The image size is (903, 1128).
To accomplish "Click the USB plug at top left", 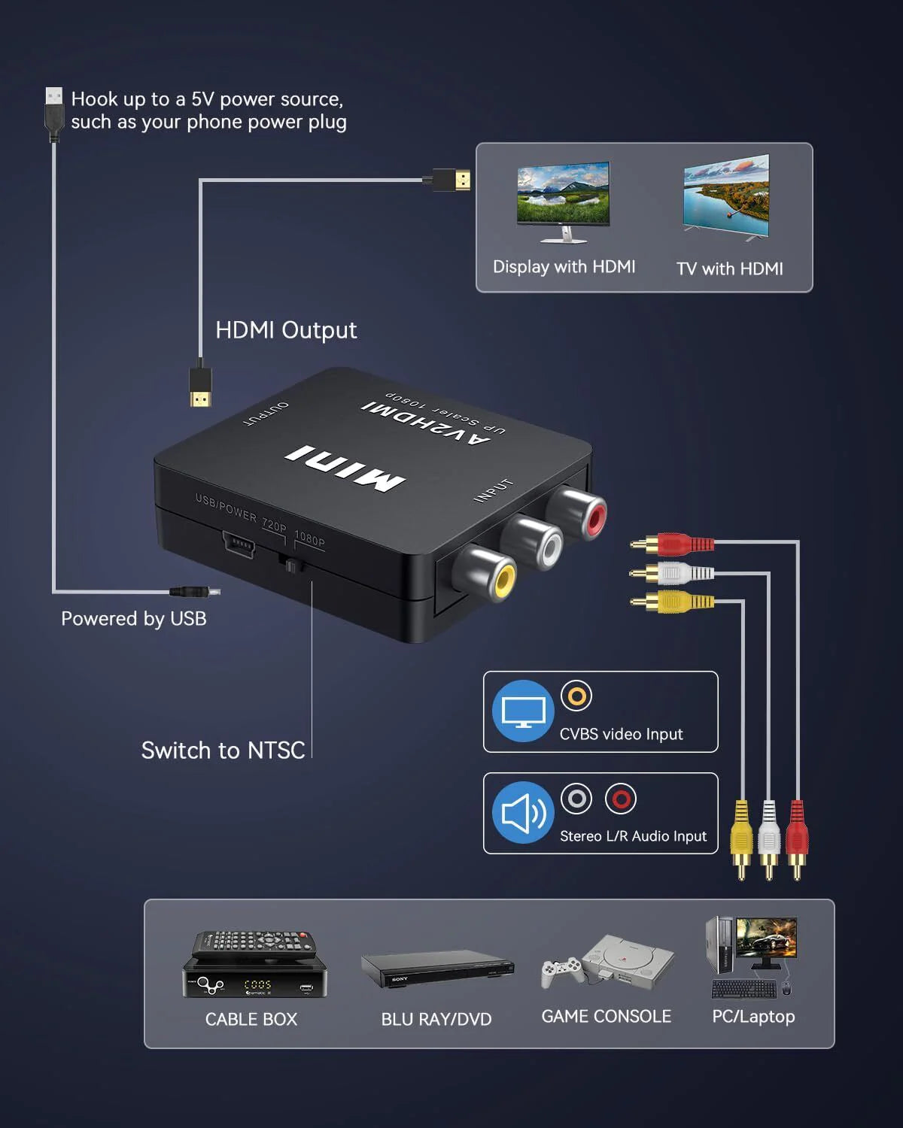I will click(53, 113).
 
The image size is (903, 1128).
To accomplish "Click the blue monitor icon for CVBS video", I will click(523, 711).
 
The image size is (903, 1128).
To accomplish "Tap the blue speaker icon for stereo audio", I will click(523, 813).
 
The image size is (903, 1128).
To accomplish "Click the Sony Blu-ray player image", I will click(436, 970).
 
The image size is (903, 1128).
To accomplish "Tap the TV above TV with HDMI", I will click(726, 197).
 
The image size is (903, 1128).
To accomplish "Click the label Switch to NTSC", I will click(223, 750).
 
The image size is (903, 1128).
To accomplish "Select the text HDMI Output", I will click(286, 330).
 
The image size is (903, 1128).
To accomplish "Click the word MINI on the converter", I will click(345, 468).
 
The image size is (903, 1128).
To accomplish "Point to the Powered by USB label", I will click(134, 619).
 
